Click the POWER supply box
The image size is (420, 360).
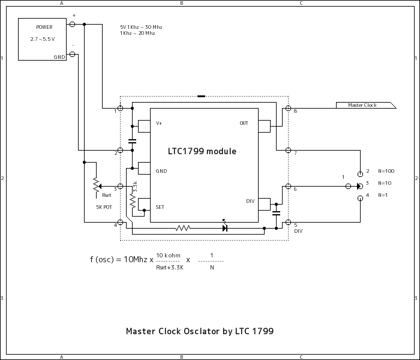[44, 38]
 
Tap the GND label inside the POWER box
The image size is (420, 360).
[59, 57]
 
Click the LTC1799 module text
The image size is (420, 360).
[202, 152]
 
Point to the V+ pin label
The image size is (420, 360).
[160, 123]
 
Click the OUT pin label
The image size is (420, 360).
[244, 123]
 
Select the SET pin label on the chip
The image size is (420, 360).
[160, 207]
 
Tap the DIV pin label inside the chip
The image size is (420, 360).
[250, 201]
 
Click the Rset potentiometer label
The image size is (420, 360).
[107, 195]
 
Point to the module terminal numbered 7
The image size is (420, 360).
[289, 150]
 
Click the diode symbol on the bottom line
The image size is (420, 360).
[225, 228]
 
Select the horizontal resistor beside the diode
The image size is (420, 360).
[182, 228]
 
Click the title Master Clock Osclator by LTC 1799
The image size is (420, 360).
[199, 331]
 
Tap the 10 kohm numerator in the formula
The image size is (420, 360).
[169, 255]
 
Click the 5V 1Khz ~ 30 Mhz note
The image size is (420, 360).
[141, 27]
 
